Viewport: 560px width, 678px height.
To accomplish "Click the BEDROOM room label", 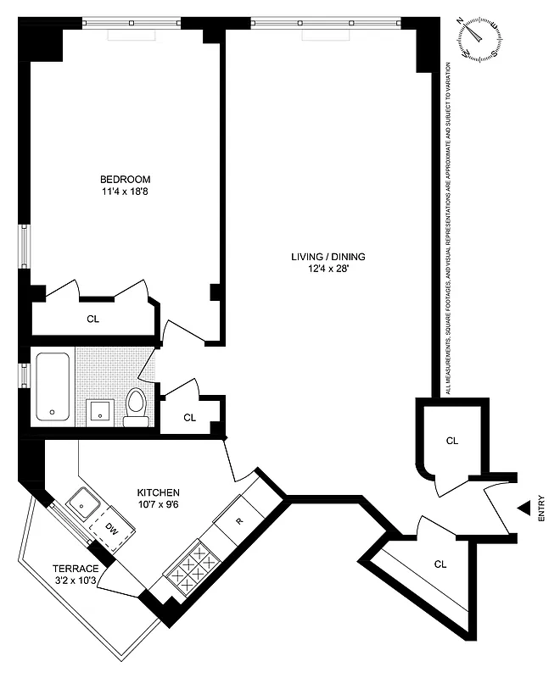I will (125, 179).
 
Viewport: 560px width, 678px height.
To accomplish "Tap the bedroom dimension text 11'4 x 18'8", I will (125, 192).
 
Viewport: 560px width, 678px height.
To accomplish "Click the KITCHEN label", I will (159, 492).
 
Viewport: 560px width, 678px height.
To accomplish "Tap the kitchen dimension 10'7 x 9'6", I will (159, 505).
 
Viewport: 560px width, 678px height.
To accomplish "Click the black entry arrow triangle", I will (524, 508).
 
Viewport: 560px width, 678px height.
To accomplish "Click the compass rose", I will (479, 38).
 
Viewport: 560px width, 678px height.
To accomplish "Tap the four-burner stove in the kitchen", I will (192, 566).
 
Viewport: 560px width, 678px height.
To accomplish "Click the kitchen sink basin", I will (84, 505).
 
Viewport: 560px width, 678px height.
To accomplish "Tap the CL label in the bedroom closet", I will (93, 320).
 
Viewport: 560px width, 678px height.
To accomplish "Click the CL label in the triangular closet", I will (440, 564).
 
